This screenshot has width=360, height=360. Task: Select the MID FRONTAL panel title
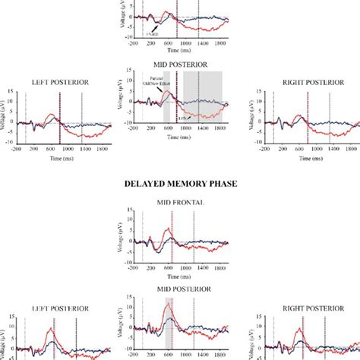click(180, 203)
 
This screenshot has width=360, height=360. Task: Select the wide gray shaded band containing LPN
click(202, 97)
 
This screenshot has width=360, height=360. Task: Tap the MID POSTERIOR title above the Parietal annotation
click(180, 66)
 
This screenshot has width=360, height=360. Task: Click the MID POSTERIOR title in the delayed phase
click(180, 289)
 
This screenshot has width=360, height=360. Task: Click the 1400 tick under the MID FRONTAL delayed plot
click(200, 269)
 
